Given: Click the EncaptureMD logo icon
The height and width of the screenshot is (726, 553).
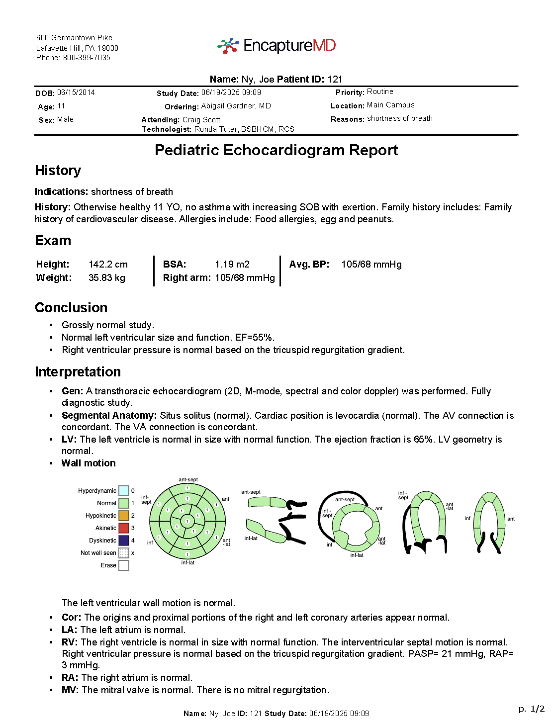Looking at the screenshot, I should point(228,46).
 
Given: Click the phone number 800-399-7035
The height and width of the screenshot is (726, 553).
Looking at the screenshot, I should point(87,58).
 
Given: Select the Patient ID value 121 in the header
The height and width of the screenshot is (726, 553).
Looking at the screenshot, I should point(335,79).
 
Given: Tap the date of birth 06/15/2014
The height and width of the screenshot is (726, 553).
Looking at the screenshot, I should point(76,92).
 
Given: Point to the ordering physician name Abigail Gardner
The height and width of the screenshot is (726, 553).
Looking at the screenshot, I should point(236,106).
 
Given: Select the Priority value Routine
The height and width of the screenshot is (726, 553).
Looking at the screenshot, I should point(380,91).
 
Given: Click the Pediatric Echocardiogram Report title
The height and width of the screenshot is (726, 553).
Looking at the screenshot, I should point(276,150).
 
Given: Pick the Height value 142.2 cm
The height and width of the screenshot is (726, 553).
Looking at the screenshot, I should point(108,264).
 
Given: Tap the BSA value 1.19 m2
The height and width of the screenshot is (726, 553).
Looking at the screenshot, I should point(232,264).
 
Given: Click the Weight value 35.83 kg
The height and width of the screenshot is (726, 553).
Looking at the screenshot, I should point(106,277).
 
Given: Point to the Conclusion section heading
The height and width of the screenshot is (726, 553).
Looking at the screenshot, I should point(71,307).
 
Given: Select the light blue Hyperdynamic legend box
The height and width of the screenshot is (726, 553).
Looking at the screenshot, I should point(124,491).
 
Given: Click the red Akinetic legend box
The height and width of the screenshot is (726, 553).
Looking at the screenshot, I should point(124,528).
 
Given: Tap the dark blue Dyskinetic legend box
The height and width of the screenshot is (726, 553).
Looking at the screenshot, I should point(124,541).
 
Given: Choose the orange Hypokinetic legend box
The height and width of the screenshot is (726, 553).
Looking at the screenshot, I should point(124,516).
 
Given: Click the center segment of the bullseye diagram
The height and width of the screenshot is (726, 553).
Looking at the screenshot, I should point(187,521).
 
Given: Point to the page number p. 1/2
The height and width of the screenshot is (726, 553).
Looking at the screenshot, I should point(531,709).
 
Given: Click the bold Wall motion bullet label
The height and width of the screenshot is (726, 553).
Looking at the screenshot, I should point(89,463).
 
